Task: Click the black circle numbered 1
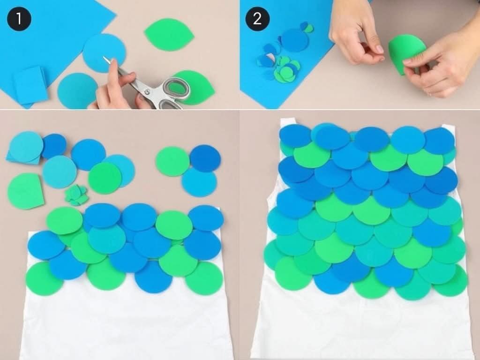pyautogui.click(x=19, y=19)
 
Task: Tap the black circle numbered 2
pyautogui.click(x=257, y=19)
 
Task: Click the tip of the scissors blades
pyautogui.click(x=104, y=57)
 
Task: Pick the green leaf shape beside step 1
pyautogui.click(x=169, y=35)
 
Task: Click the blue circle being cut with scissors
pyautogui.click(x=104, y=53)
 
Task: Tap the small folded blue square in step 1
pyautogui.click(x=30, y=86)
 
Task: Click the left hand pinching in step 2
pyautogui.click(x=357, y=34)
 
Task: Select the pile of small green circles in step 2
pyautogui.click(x=286, y=70)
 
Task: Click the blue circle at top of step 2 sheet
pyautogui.click(x=294, y=40)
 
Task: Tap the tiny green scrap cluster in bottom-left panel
pyautogui.click(x=76, y=195)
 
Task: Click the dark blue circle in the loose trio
pyautogui.click(x=205, y=158)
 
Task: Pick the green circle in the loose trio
pyautogui.click(x=172, y=161)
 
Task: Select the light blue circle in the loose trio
pyautogui.click(x=199, y=182)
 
